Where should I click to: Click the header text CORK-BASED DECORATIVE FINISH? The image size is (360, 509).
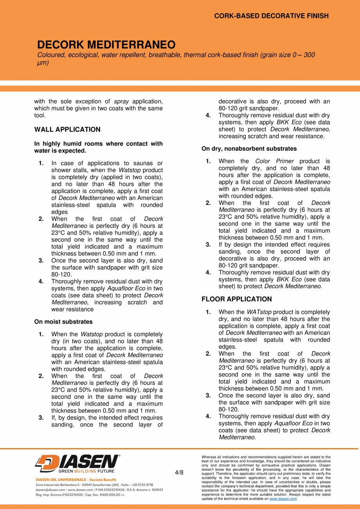[271, 16]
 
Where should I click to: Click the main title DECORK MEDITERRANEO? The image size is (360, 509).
[106, 44]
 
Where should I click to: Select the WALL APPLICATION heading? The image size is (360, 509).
[67, 129]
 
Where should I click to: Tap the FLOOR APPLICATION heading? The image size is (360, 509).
[236, 299]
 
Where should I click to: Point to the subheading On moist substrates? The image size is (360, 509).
[63, 322]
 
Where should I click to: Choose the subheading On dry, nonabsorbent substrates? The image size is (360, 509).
[249, 149]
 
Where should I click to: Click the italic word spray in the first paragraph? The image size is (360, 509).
[121, 102]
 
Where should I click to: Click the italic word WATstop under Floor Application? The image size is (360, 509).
[259, 312]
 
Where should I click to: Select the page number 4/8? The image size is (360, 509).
[179, 472]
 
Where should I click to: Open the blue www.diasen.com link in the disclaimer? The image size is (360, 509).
[283, 499]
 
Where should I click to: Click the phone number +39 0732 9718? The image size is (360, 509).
[142, 484]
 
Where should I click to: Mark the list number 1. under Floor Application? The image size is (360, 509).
[208, 312]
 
